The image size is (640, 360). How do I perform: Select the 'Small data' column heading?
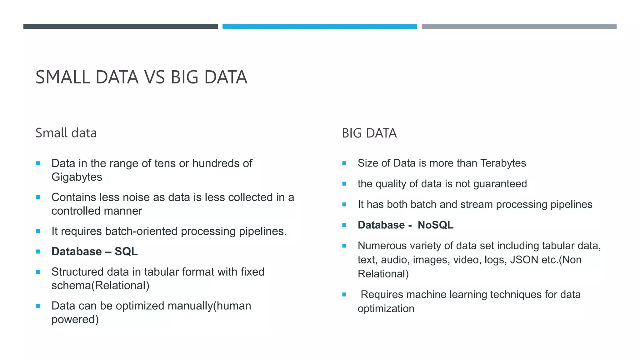point(66,133)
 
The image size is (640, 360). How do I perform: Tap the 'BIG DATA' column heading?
point(369,133)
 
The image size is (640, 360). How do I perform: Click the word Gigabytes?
point(77,177)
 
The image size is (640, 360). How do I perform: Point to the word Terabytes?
point(503,163)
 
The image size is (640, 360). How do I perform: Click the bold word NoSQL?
point(435,225)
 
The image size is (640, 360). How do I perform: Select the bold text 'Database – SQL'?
point(94,252)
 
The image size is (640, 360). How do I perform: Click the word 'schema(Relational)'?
point(100,286)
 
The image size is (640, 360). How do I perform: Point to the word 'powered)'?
point(75,319)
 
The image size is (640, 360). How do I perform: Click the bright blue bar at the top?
point(319,27)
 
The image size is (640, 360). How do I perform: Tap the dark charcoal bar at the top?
point(120,27)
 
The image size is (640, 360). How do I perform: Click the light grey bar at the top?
point(519,27)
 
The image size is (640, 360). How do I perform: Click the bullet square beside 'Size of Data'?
point(344,163)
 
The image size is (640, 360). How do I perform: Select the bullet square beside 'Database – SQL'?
point(38,252)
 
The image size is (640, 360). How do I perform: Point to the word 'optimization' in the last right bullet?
point(386,309)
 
